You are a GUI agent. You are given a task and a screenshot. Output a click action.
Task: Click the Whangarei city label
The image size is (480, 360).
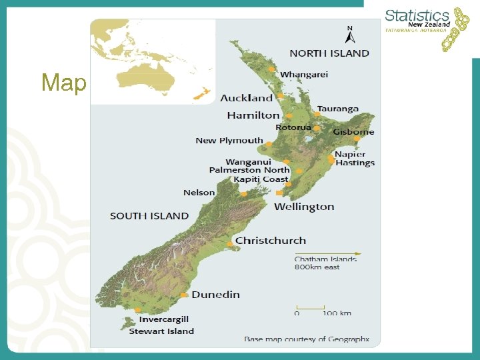304,75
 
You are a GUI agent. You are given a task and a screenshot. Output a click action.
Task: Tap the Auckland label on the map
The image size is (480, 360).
247,98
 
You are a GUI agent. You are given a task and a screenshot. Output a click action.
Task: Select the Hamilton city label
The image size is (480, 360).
253,115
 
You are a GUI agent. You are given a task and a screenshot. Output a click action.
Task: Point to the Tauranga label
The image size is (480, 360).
337,109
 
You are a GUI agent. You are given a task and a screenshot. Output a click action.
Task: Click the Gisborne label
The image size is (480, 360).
353,132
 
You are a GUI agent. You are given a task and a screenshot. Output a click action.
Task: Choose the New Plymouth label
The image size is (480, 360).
229,141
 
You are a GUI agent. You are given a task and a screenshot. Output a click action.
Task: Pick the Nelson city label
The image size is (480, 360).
199,193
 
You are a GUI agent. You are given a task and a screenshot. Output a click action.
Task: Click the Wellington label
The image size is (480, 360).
304,207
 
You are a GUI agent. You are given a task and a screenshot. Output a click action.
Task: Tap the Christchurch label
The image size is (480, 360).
271,241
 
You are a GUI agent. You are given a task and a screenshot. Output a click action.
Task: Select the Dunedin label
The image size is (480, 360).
216,295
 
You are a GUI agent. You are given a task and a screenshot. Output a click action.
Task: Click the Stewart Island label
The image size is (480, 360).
161,331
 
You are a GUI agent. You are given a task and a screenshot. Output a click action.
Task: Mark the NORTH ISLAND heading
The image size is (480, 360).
329,53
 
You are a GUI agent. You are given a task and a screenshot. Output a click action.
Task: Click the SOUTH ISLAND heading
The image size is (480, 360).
149,216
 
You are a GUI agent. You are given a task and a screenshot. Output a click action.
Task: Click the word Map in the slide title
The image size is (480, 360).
64,83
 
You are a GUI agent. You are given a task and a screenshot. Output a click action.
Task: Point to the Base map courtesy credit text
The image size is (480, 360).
307,339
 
